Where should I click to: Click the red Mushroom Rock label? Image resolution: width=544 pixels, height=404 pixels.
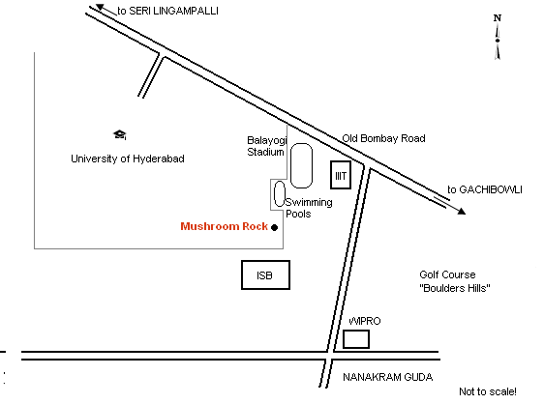225,226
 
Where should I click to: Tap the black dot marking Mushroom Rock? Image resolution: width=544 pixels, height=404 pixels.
275,227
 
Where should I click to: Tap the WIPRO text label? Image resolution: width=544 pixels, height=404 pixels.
365,321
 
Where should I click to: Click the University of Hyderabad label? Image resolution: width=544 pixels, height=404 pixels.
128,159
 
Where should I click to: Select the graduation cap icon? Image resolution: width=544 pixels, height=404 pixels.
120,134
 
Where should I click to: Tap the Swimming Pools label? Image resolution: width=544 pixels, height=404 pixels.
309,208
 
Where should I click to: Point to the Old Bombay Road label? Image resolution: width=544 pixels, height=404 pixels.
383,138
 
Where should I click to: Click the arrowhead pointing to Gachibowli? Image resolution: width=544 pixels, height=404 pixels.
462,211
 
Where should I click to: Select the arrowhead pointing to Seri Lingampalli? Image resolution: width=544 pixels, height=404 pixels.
100,7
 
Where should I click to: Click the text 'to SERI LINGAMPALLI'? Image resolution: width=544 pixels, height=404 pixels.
167,11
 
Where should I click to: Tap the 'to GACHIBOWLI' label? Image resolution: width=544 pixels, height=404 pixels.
485,189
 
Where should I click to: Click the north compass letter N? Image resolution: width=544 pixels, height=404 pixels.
498,18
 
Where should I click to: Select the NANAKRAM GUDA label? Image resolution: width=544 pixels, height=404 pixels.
388,377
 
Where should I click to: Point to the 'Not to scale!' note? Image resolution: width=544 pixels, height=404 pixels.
488,391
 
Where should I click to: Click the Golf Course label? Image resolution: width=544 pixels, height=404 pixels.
447,274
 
